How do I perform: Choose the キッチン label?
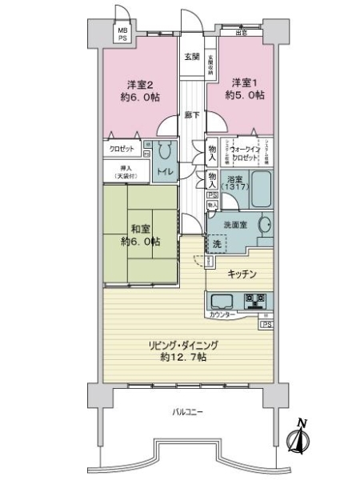click(242, 274)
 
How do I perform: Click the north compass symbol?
click(301, 437)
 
